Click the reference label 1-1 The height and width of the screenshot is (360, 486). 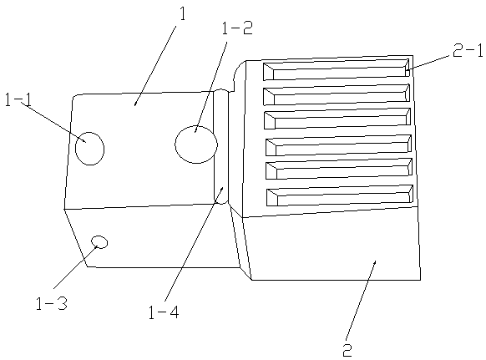(x=18, y=100)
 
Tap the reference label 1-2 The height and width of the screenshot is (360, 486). (x=237, y=28)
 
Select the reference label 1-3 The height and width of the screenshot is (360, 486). (x=52, y=303)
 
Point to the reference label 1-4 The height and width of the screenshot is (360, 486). (x=164, y=312)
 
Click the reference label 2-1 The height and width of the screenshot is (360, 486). (x=468, y=51)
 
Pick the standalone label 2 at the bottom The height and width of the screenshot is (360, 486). (x=347, y=350)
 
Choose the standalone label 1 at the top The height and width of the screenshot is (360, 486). (x=183, y=14)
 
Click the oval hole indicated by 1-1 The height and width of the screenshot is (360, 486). (x=90, y=149)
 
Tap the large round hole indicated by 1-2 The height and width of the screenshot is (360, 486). (x=196, y=145)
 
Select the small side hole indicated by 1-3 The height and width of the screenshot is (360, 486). (x=99, y=242)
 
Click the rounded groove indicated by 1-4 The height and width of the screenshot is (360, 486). (x=221, y=146)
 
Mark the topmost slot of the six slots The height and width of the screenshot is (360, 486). (x=337, y=70)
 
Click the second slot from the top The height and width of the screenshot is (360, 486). (x=337, y=94)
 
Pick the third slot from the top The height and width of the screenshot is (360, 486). (x=337, y=119)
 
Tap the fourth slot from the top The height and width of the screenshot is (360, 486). (x=338, y=145)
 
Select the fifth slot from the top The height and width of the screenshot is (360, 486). (x=339, y=169)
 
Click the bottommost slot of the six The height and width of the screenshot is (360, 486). (x=340, y=195)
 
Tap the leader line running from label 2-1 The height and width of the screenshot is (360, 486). (x=428, y=62)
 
